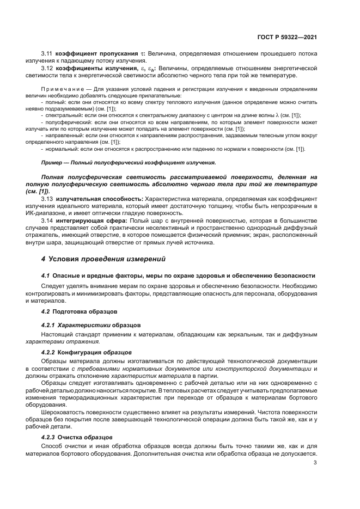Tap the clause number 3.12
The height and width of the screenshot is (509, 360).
click(x=47, y=69)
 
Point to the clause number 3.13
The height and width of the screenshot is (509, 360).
click(x=47, y=199)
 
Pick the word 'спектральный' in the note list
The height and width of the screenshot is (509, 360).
click(x=64, y=115)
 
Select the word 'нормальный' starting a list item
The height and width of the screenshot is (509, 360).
click(x=62, y=149)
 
